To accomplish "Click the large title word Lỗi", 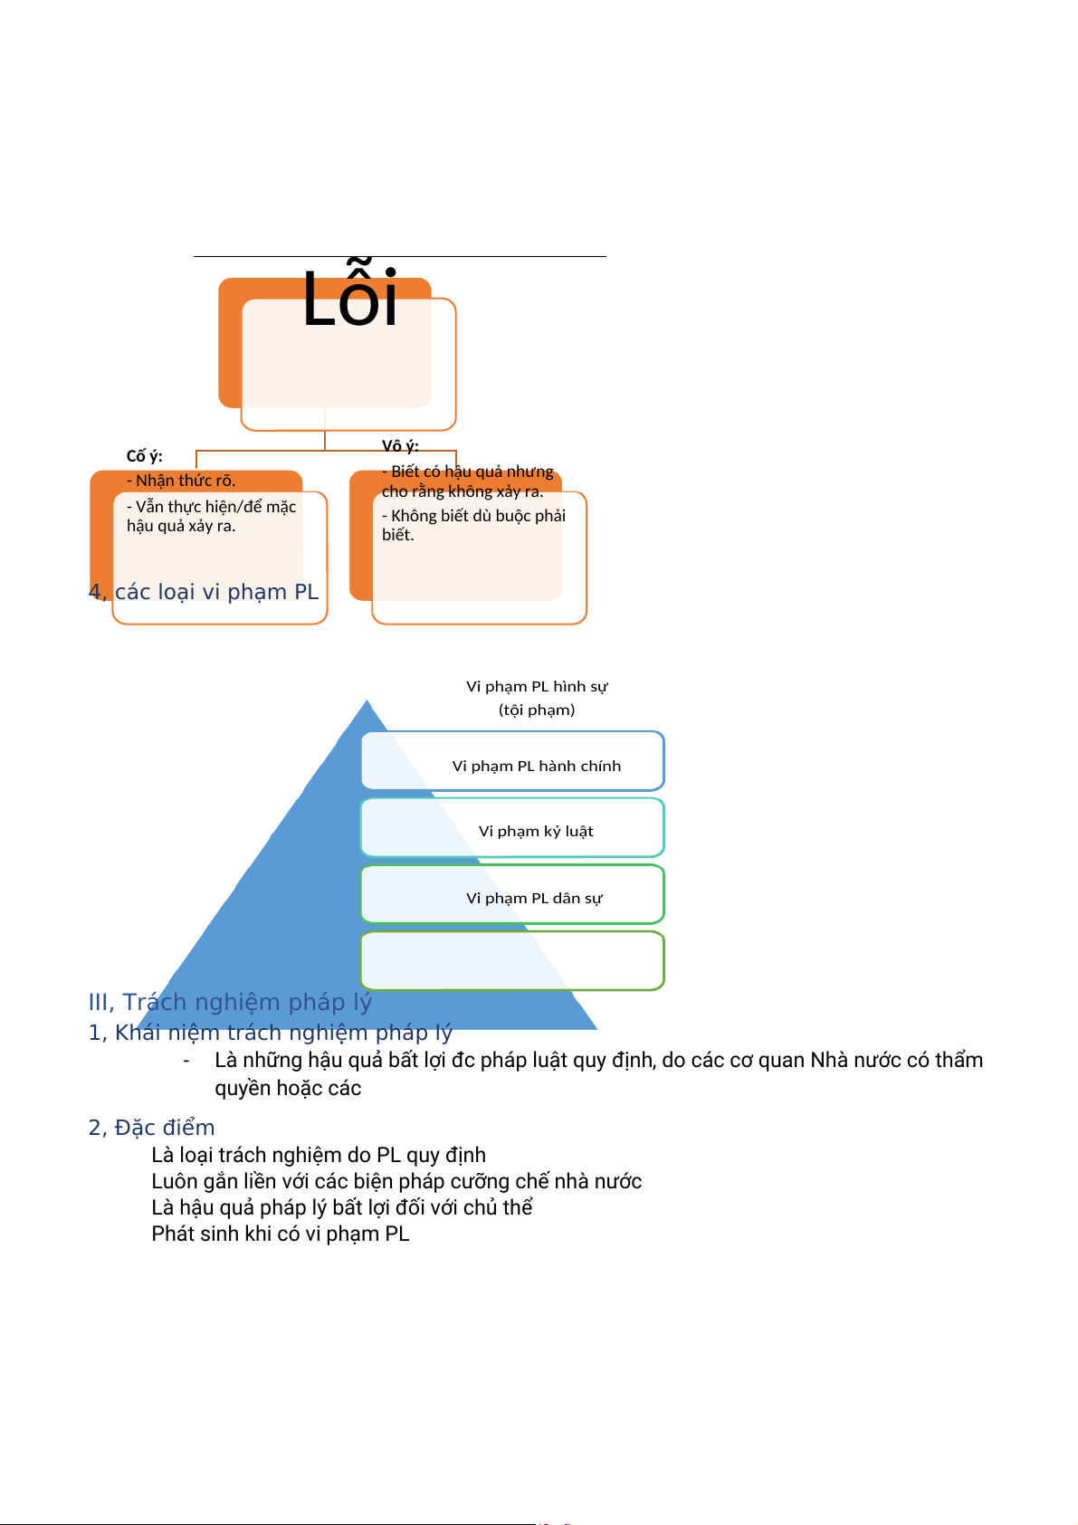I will [349, 300].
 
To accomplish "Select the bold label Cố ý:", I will [144, 456].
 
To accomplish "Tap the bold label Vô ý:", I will [400, 446].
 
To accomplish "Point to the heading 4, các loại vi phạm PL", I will [204, 592].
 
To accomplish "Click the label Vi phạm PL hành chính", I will [537, 766].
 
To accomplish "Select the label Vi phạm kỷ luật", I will [536, 831].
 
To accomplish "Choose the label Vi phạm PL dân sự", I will [534, 898].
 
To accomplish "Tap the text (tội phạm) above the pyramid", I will [537, 710].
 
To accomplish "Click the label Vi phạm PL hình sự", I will [537, 686].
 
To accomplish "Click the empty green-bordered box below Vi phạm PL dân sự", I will [512, 960].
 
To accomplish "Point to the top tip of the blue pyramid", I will [367, 702].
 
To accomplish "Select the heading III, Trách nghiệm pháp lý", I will [230, 1002].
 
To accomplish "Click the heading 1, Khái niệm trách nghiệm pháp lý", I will [270, 1033].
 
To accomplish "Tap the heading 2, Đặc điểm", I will [151, 1128].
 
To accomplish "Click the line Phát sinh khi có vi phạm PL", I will [281, 1234].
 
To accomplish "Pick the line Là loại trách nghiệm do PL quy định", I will [319, 1155].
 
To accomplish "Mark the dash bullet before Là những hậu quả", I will [186, 1061].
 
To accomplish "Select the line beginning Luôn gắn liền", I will [396, 1181].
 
